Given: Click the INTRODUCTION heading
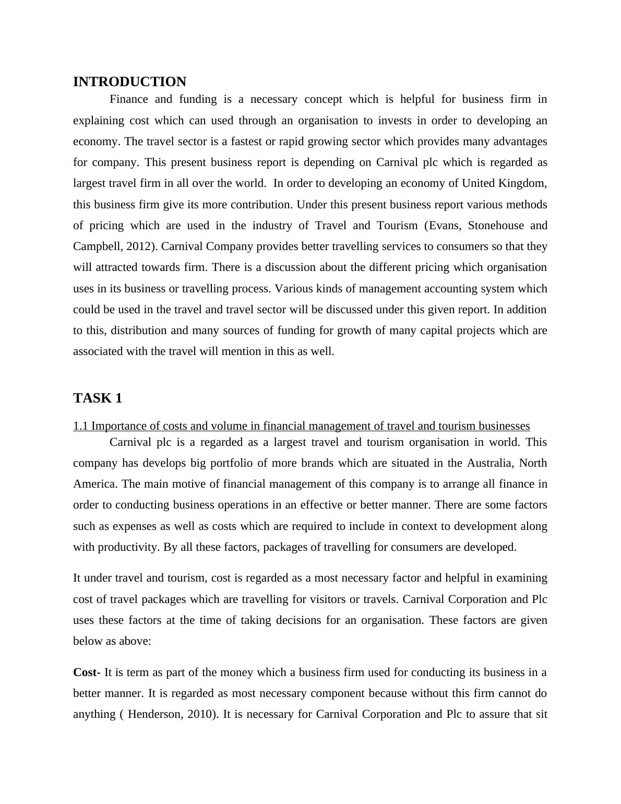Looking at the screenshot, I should click(129, 82).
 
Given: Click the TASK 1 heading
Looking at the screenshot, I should click(98, 398).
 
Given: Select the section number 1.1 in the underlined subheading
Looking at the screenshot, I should click(80, 426).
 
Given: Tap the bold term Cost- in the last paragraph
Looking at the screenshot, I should click(87, 672).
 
